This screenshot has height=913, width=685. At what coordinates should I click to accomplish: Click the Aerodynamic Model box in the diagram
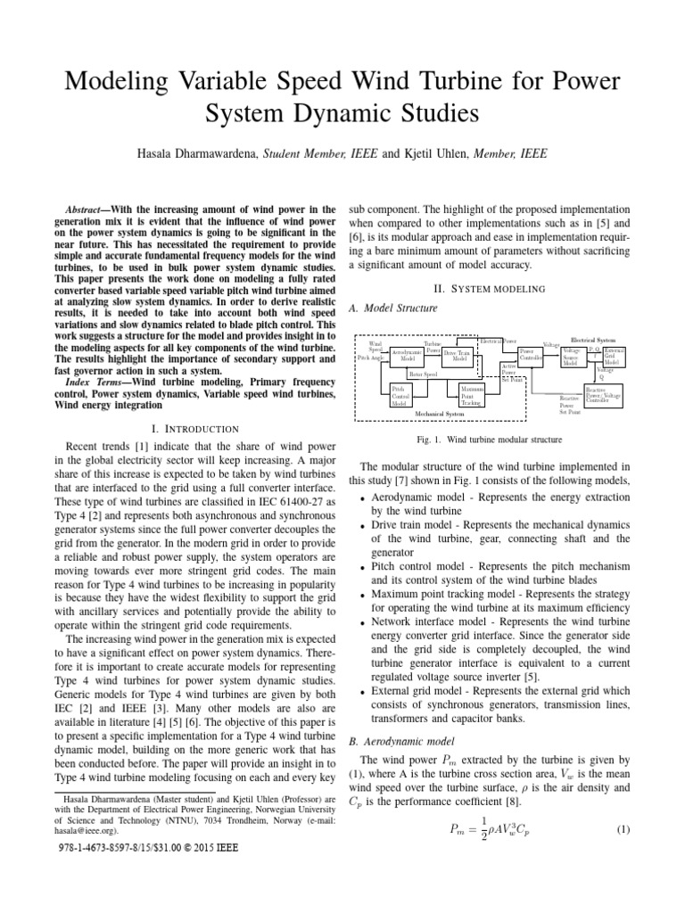407,356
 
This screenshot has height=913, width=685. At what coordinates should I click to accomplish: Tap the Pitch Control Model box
400,395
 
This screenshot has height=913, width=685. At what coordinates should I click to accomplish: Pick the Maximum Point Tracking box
471,395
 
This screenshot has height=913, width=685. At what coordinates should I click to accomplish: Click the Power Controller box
532,356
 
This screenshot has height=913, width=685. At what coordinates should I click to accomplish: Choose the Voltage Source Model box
571,357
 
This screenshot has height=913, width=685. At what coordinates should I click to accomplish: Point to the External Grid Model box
614,357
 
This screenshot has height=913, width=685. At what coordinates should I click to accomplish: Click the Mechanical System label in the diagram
440,415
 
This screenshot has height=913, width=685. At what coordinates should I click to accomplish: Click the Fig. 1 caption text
490,440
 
